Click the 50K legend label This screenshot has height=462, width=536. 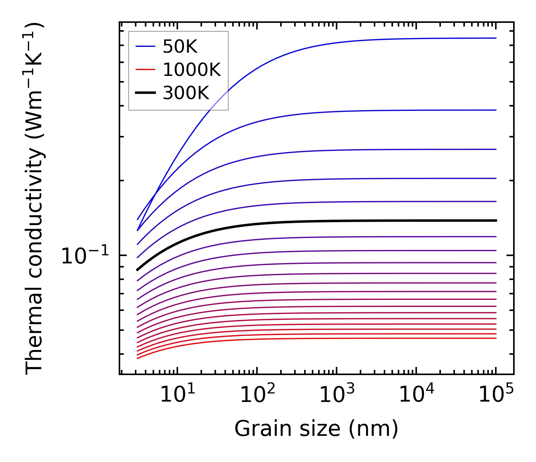pyautogui.click(x=180, y=47)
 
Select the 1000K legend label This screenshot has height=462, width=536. pyautogui.click(x=192, y=70)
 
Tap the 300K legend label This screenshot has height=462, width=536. pyautogui.click(x=186, y=93)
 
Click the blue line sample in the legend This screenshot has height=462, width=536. pyautogui.click(x=146, y=46)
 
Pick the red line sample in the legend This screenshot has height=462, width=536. pyautogui.click(x=146, y=70)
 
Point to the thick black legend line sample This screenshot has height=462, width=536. pyautogui.click(x=146, y=93)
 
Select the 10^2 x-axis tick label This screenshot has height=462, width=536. pyautogui.click(x=257, y=394)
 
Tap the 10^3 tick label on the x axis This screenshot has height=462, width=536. pyautogui.click(x=337, y=394)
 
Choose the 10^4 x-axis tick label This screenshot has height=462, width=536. pyautogui.click(x=416, y=394)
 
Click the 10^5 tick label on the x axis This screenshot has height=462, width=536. pyautogui.click(x=496, y=394)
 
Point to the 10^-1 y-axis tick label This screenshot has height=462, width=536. pyautogui.click(x=85, y=255)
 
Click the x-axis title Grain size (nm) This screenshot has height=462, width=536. pyautogui.click(x=316, y=429)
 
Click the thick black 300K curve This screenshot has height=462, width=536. pyautogui.click(x=295, y=221)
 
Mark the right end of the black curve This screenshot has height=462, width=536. pyautogui.click(x=496, y=220)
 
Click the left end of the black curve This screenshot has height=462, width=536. pyautogui.click(x=138, y=270)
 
